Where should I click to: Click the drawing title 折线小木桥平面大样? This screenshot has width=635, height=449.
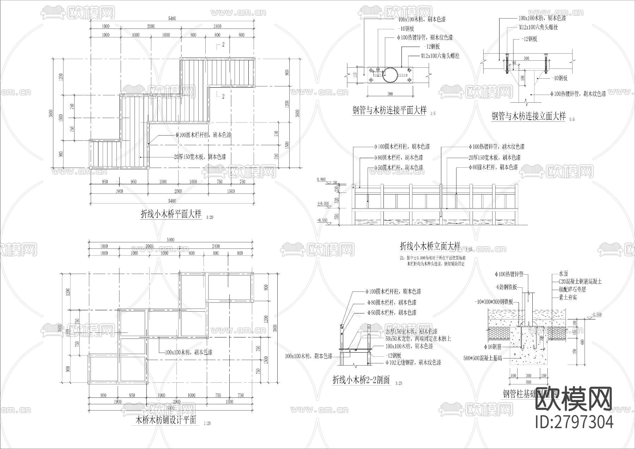[x=171, y=214]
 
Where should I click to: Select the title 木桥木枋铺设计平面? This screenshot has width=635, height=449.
[x=166, y=420]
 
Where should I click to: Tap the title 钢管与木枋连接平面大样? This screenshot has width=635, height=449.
[x=389, y=110]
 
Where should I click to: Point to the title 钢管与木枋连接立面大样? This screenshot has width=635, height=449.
[x=528, y=116]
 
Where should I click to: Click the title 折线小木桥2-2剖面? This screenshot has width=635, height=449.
[x=361, y=380]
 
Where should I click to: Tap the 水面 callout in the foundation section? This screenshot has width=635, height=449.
[x=563, y=274]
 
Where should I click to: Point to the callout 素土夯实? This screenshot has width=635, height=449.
[x=568, y=298]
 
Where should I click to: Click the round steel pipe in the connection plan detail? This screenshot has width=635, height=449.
[x=389, y=75]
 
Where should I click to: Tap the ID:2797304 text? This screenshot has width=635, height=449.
[x=574, y=422]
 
